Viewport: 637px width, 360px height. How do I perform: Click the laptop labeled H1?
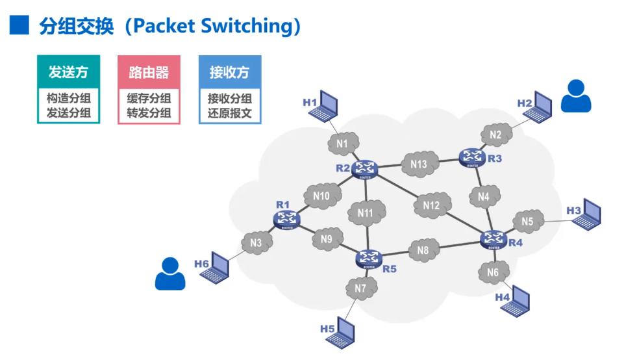pyautogui.click(x=325, y=106)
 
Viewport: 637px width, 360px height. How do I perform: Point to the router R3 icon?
pyautogui.click(x=472, y=157)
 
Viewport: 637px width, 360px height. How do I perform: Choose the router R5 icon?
pyautogui.click(x=370, y=258)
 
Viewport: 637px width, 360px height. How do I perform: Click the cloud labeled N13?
pyautogui.click(x=419, y=164)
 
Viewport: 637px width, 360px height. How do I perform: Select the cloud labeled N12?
pyautogui.click(x=431, y=205)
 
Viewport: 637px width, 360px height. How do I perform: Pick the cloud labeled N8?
pyautogui.click(x=423, y=250)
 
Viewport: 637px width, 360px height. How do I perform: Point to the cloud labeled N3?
pyautogui.click(x=256, y=243)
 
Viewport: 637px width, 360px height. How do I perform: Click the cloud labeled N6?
pyautogui.click(x=493, y=272)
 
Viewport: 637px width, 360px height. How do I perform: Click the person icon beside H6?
pyautogui.click(x=170, y=274)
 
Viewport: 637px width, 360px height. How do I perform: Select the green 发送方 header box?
pyautogui.click(x=68, y=71)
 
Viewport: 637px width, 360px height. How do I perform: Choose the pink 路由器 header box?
pyautogui.click(x=149, y=71)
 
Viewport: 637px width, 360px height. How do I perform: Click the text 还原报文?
pyautogui.click(x=230, y=114)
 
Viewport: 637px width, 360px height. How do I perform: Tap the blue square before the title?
pyautogui.click(x=19, y=25)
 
